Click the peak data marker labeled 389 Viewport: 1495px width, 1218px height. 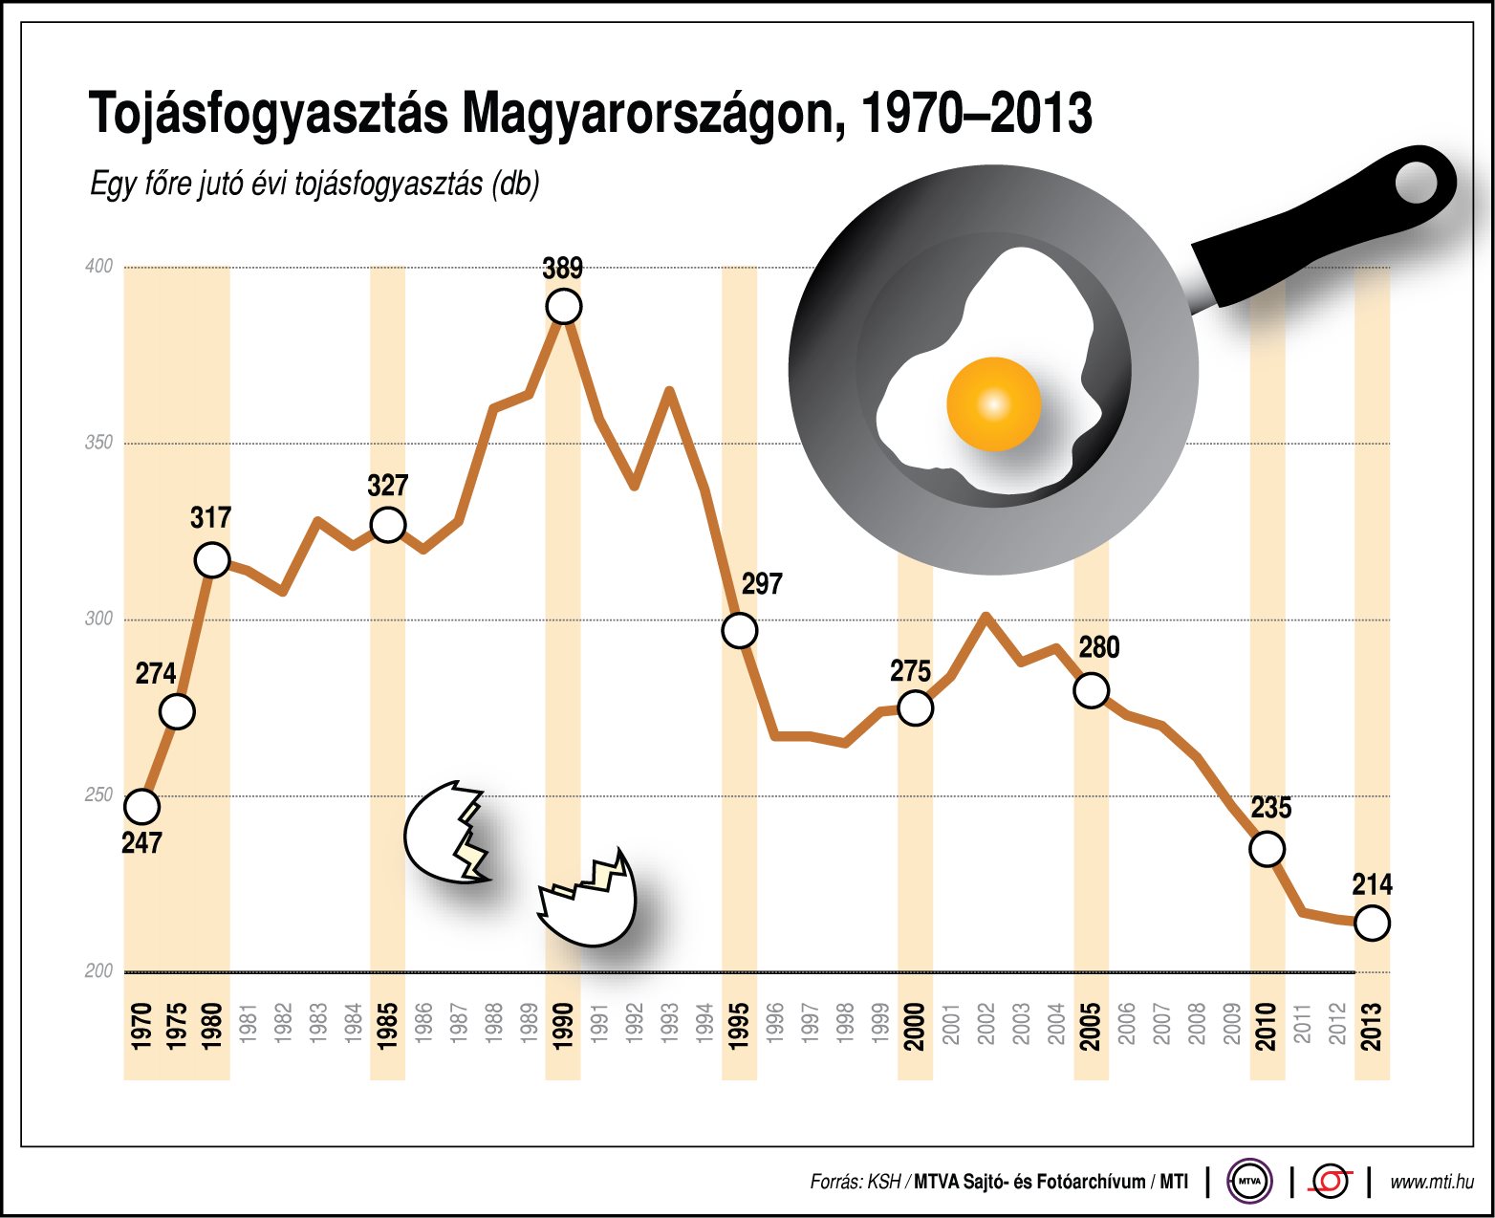[x=564, y=307]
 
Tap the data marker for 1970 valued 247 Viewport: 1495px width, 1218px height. [x=141, y=807]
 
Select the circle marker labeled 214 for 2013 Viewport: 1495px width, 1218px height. [x=1372, y=924]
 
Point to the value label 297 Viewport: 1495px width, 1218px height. [x=762, y=584]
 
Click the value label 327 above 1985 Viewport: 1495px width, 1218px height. [x=387, y=486]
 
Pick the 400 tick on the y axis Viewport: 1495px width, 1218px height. [x=99, y=267]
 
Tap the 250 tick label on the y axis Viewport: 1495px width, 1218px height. [x=99, y=794]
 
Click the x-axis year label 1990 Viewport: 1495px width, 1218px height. [x=564, y=1026]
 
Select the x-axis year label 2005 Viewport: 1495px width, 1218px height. [x=1091, y=1026]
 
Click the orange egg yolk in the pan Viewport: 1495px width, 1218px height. [x=993, y=404]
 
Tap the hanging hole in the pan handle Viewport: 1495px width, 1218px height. [x=1417, y=183]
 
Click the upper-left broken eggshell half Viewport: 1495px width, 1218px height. [x=445, y=833]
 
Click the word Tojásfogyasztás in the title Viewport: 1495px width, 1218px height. [x=269, y=115]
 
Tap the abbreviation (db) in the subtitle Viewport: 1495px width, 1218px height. [x=515, y=184]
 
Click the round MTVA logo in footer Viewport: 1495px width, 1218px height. [x=1249, y=1182]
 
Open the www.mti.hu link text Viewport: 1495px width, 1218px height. [x=1431, y=1183]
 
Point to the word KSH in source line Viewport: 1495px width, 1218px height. [x=883, y=1183]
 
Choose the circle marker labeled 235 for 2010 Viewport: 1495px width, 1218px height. [x=1267, y=849]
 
